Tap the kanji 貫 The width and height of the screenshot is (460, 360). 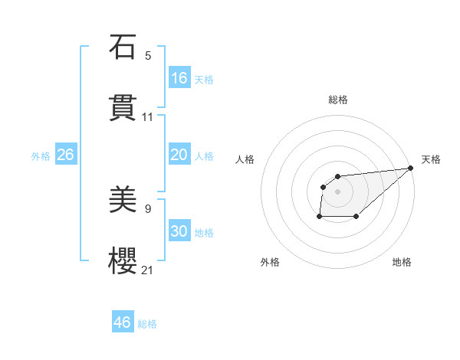tap(123, 106)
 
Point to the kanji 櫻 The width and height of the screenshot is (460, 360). tap(123, 260)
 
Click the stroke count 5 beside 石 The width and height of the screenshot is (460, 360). tap(148, 56)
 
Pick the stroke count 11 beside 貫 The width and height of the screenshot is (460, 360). tap(148, 117)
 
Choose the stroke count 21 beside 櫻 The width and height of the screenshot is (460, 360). tap(148, 270)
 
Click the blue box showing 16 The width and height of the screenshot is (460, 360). tap(179, 78)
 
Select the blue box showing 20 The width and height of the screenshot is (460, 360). tap(179, 155)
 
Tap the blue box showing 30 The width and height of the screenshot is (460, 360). tap(179, 231)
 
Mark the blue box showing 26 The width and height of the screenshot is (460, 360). tap(65, 155)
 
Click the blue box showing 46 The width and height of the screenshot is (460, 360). tap(123, 322)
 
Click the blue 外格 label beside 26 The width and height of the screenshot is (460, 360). tap(41, 156)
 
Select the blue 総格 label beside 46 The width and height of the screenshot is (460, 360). tap(147, 324)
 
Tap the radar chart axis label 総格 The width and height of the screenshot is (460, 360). tap(338, 100)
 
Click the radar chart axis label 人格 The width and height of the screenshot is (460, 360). tap(245, 159)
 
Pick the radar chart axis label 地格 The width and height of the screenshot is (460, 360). tap(402, 262)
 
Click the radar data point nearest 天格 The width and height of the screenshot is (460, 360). tap(411, 169)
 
